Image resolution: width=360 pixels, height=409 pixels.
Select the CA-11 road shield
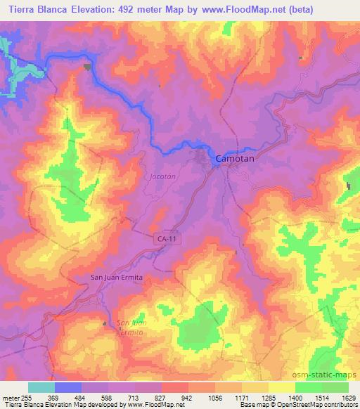click(x=165, y=240)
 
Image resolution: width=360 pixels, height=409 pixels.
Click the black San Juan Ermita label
click(x=117, y=278)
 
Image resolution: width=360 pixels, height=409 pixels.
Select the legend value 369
click(x=53, y=398)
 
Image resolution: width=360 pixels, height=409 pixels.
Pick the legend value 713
click(x=134, y=398)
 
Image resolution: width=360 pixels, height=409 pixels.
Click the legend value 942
click(x=188, y=398)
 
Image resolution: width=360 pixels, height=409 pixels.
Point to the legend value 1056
click(x=214, y=398)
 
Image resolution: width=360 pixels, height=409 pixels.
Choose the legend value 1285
click(x=268, y=398)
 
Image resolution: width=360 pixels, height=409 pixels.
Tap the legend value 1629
click(x=348, y=398)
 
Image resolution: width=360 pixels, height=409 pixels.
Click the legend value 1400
click(x=295, y=398)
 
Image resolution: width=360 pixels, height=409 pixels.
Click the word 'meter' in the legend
click(x=11, y=398)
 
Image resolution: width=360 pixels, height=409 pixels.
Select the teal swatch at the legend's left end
click(x=41, y=387)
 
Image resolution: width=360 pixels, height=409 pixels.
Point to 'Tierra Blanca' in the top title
click(x=36, y=10)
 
